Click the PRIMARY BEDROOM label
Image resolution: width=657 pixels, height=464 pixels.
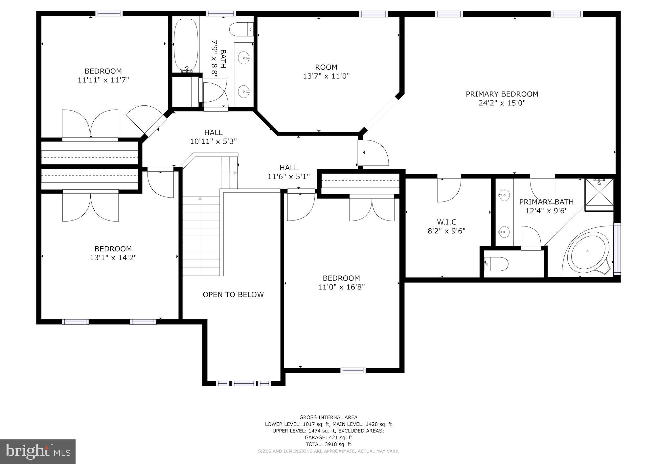tap(502, 94)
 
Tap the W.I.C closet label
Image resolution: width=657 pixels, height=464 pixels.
tap(446, 222)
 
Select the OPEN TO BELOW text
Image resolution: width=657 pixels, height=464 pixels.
tap(233, 295)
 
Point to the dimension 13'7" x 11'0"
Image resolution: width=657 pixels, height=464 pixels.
tap(326, 76)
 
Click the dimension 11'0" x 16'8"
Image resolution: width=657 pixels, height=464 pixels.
tap(341, 287)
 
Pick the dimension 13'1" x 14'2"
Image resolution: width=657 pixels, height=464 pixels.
tap(113, 258)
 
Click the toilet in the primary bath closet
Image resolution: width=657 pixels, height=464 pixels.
tap(497, 264)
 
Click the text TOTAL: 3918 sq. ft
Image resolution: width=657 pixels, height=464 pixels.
tap(328, 444)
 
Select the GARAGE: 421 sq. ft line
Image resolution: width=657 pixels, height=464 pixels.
tap(328, 437)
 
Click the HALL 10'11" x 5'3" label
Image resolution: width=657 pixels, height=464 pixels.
tap(214, 137)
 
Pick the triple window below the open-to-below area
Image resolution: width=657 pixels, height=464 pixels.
tap(243, 383)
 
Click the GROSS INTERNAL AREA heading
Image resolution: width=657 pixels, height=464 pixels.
tap(328, 417)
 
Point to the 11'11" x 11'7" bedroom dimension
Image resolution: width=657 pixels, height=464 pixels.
tap(103, 80)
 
